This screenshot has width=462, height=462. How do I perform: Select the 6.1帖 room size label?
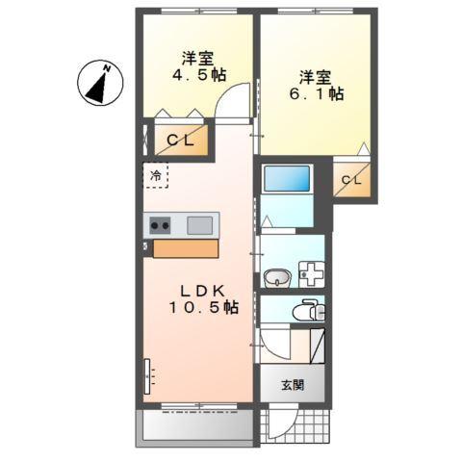click(320, 94)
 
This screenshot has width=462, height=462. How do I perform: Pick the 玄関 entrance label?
click(293, 385)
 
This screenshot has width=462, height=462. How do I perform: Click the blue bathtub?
click(287, 179)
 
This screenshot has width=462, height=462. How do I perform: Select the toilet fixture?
click(308, 311)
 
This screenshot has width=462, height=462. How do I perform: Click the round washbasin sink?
click(276, 278)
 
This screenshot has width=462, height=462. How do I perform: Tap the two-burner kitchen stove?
click(160, 225)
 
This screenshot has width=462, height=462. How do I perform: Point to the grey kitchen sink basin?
click(200, 225)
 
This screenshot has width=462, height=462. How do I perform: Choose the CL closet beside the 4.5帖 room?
click(180, 141)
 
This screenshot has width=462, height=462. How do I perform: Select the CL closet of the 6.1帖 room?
click(350, 180)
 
